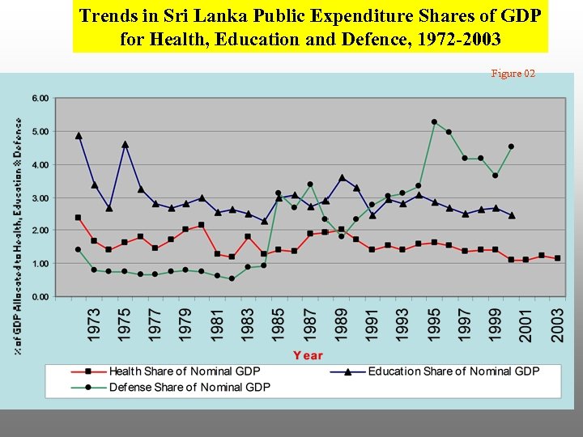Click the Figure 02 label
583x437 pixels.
[x=513, y=74]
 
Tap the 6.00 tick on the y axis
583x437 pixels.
[x=40, y=98]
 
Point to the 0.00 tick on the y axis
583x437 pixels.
[x=40, y=297]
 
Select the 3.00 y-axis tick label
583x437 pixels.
[x=40, y=197]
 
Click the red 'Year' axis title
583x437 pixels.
[x=308, y=355]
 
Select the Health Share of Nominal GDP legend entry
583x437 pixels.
[x=185, y=371]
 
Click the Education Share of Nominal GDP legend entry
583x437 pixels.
[x=453, y=371]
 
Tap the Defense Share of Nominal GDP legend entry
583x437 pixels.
[x=189, y=387]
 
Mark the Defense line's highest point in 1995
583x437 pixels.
[x=434, y=122]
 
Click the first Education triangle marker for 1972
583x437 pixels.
[x=79, y=136]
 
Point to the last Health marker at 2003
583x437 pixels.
[x=557, y=258]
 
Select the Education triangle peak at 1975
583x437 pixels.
[x=125, y=145]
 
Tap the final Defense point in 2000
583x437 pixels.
[x=511, y=146]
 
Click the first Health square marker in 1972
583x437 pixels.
[x=79, y=218]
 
